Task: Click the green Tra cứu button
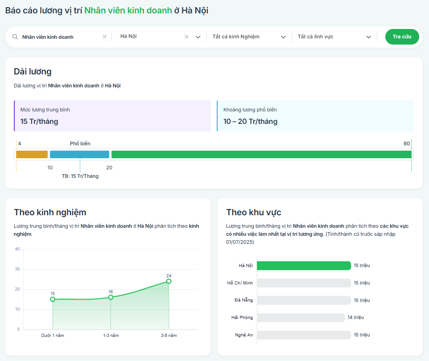402,37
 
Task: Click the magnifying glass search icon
15,37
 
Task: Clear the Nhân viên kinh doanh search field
104,37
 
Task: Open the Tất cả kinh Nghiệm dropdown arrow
283,37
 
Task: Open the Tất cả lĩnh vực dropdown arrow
368,37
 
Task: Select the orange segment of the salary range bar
32,154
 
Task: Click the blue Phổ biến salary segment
80,154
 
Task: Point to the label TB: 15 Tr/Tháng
80,176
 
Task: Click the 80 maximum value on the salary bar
407,144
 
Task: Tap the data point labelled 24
169,281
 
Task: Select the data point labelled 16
111,297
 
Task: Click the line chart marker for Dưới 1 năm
53,299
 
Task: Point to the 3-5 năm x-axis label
169,335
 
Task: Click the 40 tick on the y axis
17,249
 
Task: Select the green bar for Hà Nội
304,266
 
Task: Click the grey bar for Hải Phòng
301,317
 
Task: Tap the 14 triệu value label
356,317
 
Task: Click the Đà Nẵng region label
243,300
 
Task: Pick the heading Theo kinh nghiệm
50,213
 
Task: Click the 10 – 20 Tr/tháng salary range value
250,121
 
